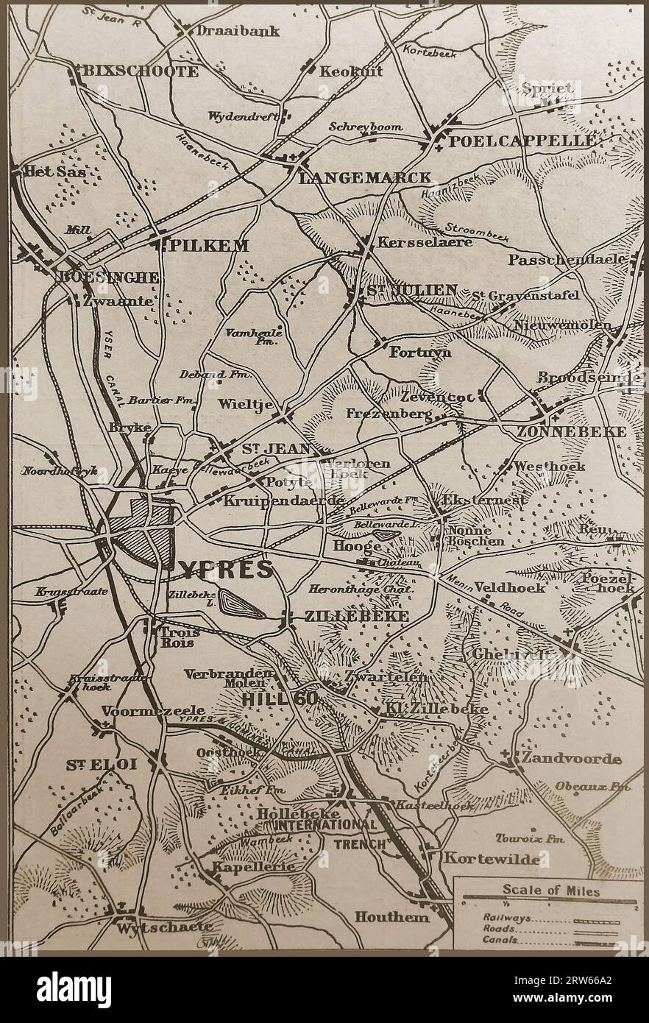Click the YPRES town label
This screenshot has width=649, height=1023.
click(224, 569)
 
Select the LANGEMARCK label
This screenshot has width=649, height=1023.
click(365, 177)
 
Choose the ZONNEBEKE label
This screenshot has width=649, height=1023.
click(581, 431)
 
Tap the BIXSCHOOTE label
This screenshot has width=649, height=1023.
click(141, 71)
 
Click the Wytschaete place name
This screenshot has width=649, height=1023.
click(164, 927)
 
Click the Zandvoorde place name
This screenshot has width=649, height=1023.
click(571, 758)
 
